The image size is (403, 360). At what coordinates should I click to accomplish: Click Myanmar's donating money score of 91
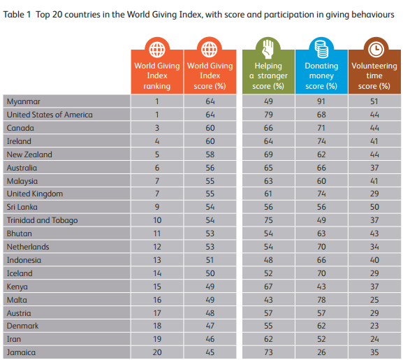click(321, 101)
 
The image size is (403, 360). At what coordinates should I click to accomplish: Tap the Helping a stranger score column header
click(268, 75)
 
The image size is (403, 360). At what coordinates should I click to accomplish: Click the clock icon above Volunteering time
click(374, 48)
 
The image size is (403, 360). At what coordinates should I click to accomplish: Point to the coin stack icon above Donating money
click(321, 48)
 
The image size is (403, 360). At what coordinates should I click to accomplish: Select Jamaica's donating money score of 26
click(321, 352)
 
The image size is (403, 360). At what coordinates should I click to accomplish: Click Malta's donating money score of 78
click(321, 300)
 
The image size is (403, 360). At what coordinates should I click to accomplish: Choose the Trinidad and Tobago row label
click(42, 220)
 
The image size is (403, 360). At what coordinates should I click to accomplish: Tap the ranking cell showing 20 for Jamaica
click(157, 352)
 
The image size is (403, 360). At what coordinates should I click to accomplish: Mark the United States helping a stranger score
click(268, 115)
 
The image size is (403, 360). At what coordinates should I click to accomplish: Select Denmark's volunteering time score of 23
click(374, 326)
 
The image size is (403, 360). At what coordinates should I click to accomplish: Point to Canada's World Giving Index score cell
click(210, 128)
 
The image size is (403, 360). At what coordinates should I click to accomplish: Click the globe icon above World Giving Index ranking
click(157, 49)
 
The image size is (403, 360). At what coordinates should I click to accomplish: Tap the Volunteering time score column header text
click(374, 75)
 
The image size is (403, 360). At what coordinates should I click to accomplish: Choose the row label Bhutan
click(19, 233)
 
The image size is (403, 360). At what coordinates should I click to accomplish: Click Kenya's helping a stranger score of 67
click(268, 287)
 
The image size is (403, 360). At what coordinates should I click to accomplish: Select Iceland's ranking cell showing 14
click(157, 273)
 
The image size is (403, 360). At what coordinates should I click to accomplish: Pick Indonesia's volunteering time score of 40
click(374, 260)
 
